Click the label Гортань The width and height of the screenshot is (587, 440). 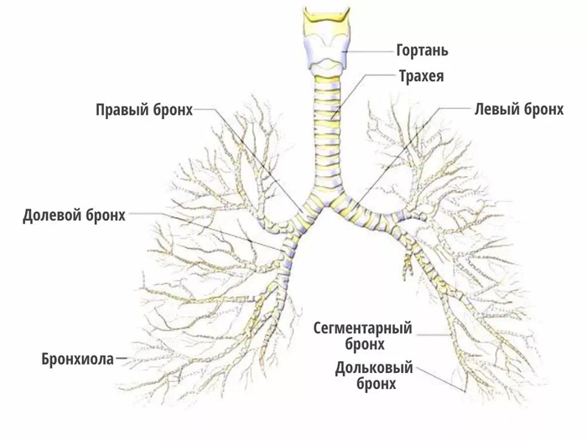tap(422, 50)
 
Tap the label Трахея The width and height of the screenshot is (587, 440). tap(421, 76)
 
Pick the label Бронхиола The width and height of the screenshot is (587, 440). tap(77, 359)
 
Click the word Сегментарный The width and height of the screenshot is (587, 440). tap(362, 329)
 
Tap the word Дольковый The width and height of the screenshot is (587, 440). tap(374, 368)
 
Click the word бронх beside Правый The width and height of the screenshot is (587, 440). tap(173, 110)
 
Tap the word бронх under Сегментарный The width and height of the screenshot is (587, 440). tap(365, 344)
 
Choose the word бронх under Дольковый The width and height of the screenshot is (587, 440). tap(377, 384)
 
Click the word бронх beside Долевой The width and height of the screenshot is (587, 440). tap(106, 215)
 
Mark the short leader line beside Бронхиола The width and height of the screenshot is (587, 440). tap(122, 359)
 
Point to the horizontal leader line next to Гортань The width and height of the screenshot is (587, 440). tap(371, 51)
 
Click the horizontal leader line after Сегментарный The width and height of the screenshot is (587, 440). tap(434, 335)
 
